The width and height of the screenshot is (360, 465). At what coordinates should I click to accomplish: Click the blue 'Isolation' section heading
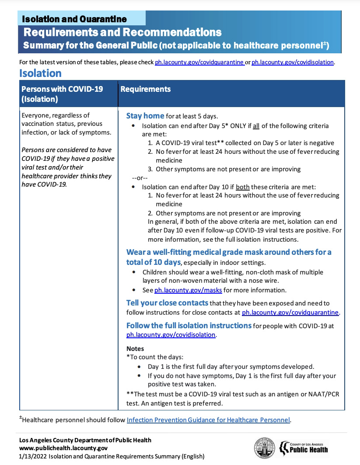point(40,73)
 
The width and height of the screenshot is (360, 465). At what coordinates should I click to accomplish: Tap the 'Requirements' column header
point(145,89)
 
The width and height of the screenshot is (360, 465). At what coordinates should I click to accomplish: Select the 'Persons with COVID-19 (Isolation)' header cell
point(62,94)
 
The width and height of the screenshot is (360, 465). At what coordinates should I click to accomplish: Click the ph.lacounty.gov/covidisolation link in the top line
point(293,62)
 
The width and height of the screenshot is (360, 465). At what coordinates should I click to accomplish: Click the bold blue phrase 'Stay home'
point(145,116)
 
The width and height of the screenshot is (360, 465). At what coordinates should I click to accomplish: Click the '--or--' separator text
point(140,178)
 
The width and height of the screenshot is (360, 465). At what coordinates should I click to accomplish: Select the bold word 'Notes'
point(135,349)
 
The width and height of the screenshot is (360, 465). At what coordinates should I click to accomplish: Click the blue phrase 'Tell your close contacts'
point(167,303)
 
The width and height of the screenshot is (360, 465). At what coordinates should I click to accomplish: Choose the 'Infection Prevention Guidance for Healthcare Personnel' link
point(208,420)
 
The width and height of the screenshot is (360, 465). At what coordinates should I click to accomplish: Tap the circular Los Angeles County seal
point(264,448)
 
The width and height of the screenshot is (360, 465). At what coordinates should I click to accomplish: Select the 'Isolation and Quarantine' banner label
point(74,19)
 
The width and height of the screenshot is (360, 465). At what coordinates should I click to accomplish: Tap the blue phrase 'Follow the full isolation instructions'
point(189,326)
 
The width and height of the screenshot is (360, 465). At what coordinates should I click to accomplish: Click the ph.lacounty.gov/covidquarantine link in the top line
point(199,62)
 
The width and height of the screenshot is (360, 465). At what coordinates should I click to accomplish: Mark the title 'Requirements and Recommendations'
point(122,32)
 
